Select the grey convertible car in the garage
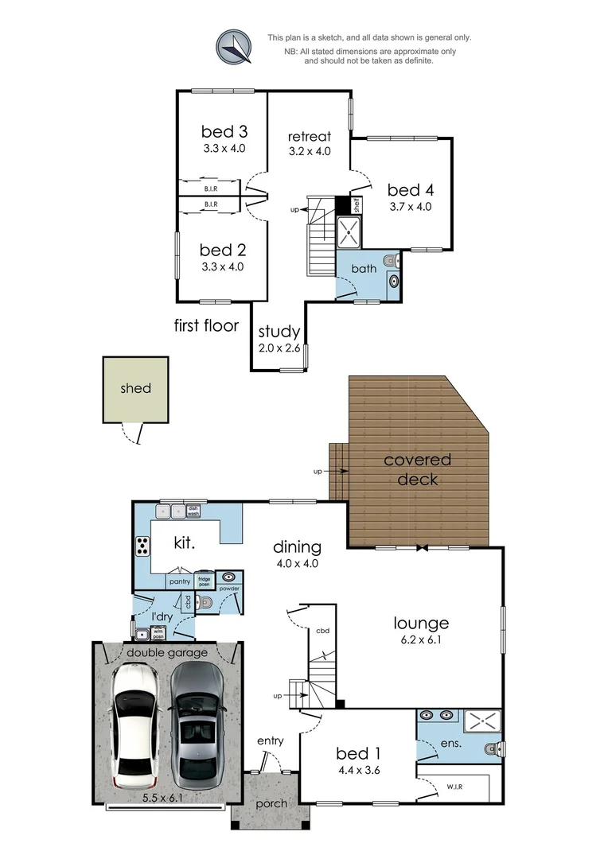(x=197, y=721)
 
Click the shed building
(x=135, y=389)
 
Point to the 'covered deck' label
(x=417, y=469)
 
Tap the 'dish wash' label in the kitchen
(x=193, y=512)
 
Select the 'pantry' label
(x=180, y=581)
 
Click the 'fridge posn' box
(x=203, y=581)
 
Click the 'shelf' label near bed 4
(x=357, y=205)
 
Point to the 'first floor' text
(x=206, y=325)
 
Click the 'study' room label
(x=279, y=332)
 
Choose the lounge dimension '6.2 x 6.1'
(x=420, y=640)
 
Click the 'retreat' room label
(x=309, y=137)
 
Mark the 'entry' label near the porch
(x=270, y=741)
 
